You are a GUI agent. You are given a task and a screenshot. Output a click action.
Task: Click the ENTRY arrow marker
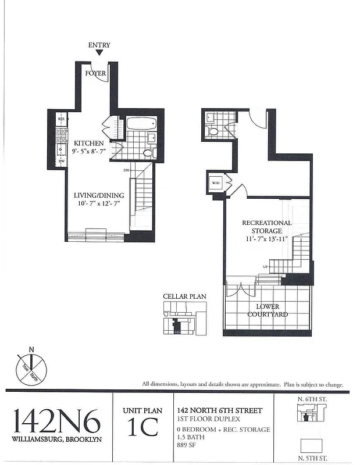pos(99,53)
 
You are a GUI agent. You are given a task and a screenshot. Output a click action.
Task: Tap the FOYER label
pos(95,74)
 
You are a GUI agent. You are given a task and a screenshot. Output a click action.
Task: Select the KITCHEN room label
pos(89,143)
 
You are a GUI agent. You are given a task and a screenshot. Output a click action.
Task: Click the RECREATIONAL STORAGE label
pos(267,227)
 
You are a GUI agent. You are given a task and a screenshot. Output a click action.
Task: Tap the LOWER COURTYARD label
pos(268,310)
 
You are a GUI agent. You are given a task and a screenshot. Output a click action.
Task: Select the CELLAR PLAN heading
pos(184,296)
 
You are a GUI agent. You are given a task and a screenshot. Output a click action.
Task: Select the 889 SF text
pos(187,446)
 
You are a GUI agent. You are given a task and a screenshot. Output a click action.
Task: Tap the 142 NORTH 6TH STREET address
pos(219,411)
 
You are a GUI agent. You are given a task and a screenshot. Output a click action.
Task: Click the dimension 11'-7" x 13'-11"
pos(267,239)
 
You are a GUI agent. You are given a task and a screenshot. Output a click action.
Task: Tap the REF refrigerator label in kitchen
pos(60,120)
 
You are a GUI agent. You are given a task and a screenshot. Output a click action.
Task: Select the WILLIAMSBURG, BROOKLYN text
pos(56,439)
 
